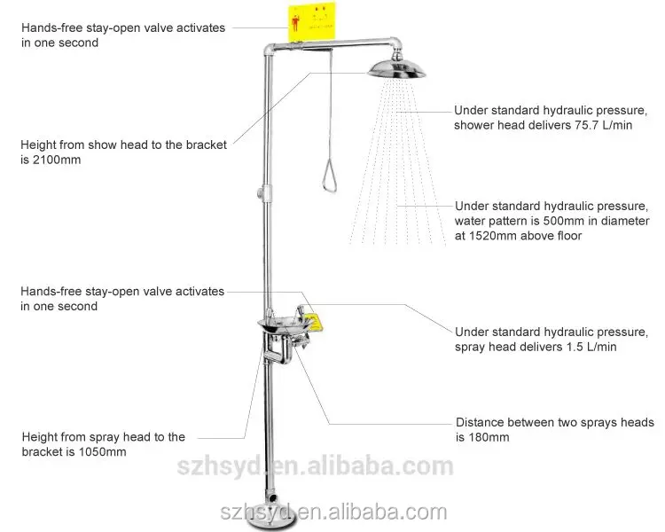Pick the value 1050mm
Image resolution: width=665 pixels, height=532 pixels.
click(x=101, y=451)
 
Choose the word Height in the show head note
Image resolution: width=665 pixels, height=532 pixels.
click(x=40, y=145)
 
